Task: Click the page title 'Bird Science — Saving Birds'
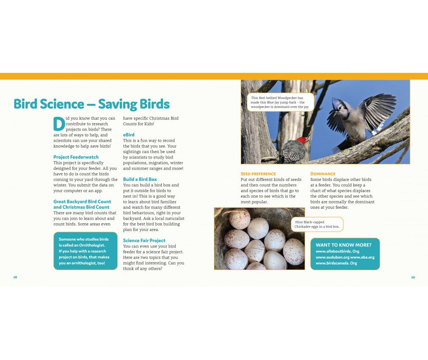91,104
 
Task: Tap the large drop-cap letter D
59,124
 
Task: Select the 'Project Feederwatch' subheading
76,157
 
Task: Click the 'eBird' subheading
129,135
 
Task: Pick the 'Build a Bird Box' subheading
140,179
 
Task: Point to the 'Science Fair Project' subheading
144,240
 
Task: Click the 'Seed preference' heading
258,174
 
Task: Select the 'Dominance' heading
323,174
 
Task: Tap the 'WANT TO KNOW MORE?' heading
343,245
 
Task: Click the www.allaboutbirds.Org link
337,251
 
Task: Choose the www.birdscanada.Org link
336,263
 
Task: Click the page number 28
15,277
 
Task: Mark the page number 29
413,277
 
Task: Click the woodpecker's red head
302,140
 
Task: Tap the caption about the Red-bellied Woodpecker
280,102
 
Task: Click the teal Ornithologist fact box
85,251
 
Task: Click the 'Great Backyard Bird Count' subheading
82,202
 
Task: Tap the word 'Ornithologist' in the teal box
91,245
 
